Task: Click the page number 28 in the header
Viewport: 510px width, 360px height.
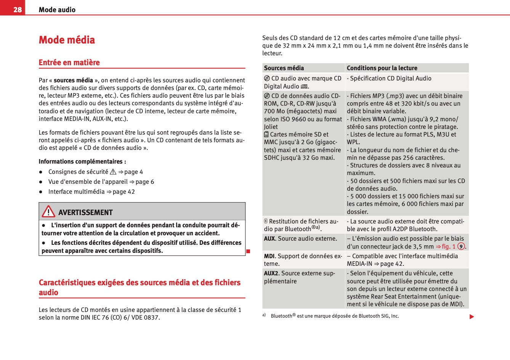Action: pos(18,10)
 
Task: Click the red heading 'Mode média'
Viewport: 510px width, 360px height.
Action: pos(67,40)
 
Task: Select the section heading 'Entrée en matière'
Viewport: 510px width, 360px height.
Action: pos(69,63)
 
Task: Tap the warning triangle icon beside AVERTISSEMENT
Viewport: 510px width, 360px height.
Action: pos(48,211)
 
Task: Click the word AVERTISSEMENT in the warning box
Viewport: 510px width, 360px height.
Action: pos(85,212)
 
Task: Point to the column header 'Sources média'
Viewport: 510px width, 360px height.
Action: pos(284,68)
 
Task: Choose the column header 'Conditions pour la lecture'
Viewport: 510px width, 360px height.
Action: pos(382,68)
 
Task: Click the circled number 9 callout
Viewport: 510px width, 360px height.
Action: pos(461,246)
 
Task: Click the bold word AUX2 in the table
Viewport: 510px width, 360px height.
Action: pos(271,273)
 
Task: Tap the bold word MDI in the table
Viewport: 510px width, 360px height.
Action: pos(269,256)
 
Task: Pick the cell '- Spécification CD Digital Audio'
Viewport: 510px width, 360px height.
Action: pos(389,78)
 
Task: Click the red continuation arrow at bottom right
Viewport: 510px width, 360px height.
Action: pos(472,317)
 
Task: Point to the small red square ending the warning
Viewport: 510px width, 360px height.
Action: pos(248,251)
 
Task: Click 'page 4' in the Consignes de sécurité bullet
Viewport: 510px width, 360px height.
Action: pos(133,172)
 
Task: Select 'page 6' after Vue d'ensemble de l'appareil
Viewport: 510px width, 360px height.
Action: pos(144,182)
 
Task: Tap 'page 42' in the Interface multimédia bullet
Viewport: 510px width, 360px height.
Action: pos(123,192)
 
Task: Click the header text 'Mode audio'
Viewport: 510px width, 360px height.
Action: pos(57,10)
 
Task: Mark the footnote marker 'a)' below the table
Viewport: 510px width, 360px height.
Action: pos(264,315)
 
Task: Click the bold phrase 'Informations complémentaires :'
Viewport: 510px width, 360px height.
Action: pos(82,162)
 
